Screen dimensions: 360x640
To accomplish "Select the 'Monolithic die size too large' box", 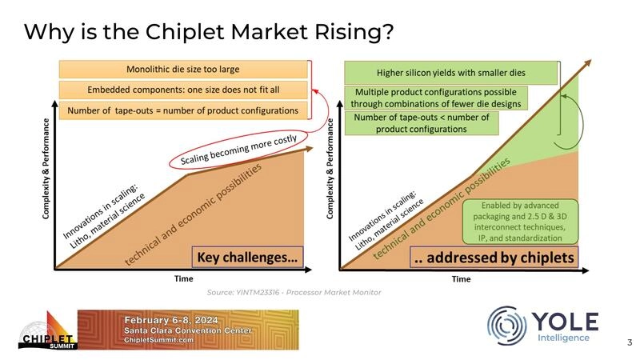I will (x=183, y=69).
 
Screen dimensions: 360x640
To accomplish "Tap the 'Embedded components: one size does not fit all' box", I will (x=183, y=89).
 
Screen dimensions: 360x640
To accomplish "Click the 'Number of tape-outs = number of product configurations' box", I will (x=183, y=110).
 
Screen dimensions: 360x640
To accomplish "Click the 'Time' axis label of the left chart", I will (x=183, y=279).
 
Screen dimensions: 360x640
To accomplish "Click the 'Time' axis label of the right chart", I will (x=461, y=279).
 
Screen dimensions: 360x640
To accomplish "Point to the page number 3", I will (x=629, y=342).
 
